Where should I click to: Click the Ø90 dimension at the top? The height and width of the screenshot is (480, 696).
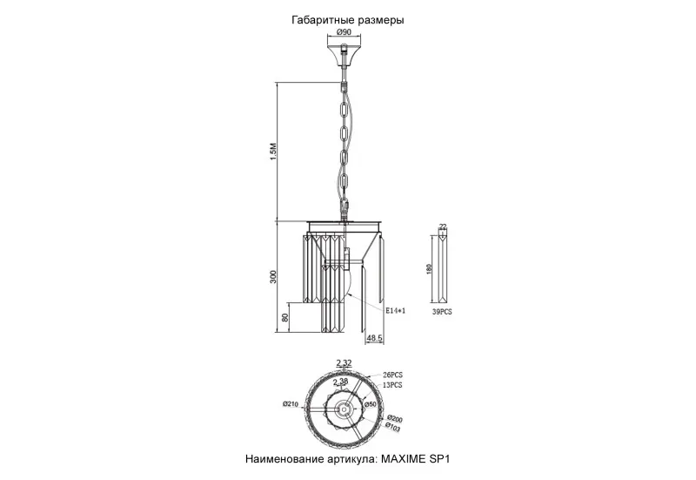click(x=344, y=32)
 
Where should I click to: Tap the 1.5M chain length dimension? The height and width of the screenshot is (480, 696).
click(x=273, y=152)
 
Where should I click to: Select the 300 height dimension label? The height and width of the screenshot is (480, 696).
click(x=273, y=276)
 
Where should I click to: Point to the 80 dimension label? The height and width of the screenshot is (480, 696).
click(x=285, y=317)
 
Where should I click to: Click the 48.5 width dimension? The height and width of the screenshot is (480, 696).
click(x=374, y=338)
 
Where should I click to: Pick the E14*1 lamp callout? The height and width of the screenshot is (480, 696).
click(x=395, y=311)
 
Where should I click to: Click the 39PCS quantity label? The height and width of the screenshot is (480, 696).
click(x=442, y=312)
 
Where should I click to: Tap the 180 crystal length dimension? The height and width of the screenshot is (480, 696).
click(x=429, y=269)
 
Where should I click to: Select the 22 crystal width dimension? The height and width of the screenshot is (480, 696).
click(x=443, y=226)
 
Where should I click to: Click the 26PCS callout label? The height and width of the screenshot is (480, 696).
click(x=393, y=375)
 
